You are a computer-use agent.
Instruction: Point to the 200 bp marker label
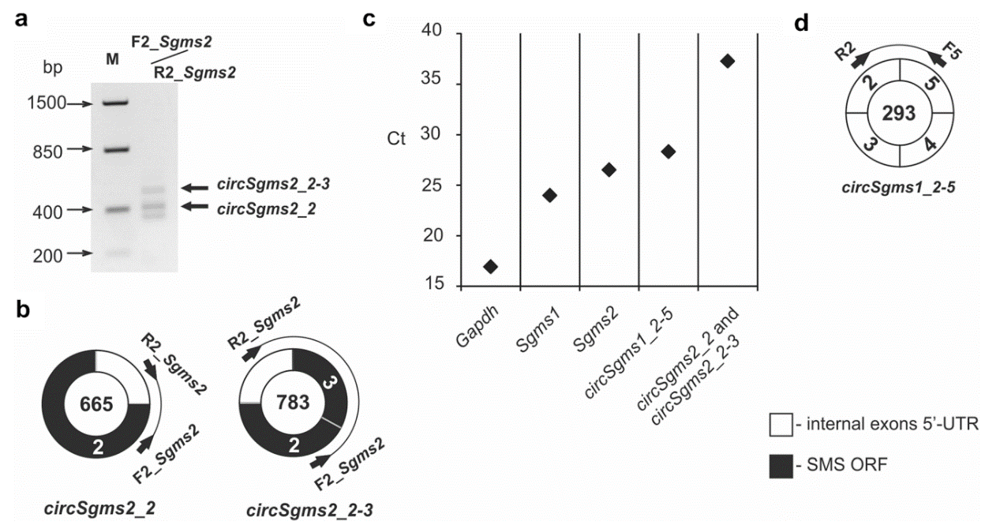point(49,254)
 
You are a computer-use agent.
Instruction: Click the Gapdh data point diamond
point(490,267)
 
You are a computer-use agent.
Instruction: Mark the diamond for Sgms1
point(550,195)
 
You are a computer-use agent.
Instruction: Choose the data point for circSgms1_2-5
point(668,152)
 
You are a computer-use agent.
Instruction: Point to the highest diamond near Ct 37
point(728,61)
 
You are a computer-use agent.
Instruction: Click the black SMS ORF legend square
point(779,466)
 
